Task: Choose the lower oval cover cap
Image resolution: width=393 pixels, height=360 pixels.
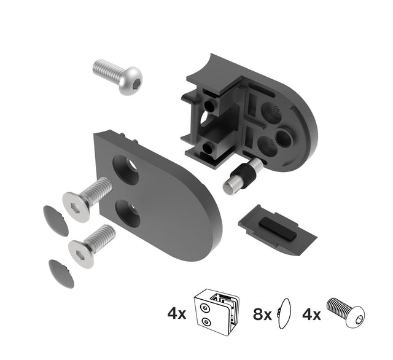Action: click(x=61, y=273)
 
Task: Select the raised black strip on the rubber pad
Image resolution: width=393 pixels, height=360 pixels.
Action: click(x=276, y=225)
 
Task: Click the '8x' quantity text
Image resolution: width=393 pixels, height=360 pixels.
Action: click(x=263, y=315)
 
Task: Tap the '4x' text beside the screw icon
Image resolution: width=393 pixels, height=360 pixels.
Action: click(x=311, y=315)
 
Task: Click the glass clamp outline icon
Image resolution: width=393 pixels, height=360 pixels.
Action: click(x=214, y=313)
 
